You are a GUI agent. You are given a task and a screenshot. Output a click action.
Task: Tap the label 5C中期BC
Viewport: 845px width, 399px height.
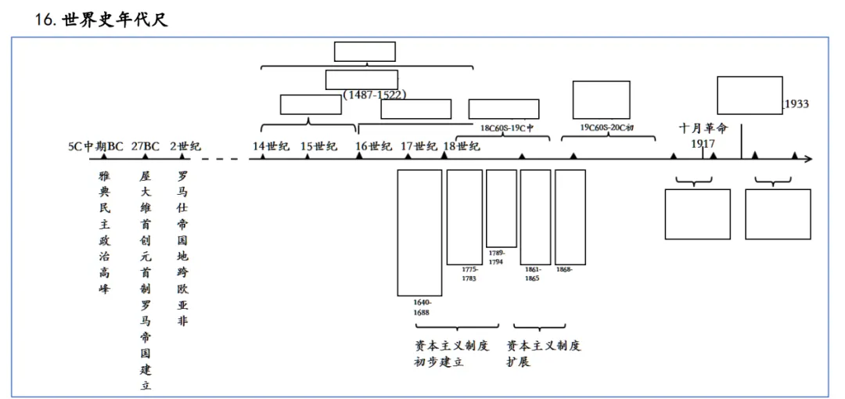(x=95, y=146)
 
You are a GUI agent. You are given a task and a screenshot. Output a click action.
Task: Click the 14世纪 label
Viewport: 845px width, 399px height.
(x=271, y=146)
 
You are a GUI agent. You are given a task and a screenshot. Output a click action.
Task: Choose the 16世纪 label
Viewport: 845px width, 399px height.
(x=374, y=146)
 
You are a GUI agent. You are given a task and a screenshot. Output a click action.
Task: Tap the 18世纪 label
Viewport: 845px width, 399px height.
(x=462, y=146)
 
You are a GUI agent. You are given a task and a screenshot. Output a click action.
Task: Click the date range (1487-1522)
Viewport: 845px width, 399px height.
(x=375, y=95)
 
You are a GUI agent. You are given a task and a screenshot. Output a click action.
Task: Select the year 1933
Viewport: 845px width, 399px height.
(x=796, y=104)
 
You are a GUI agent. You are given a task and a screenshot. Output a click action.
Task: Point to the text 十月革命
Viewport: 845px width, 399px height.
(x=703, y=128)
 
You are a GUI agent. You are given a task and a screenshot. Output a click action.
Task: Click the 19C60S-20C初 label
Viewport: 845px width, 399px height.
(x=607, y=127)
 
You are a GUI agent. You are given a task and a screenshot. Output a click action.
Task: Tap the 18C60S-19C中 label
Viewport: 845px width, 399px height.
(x=506, y=127)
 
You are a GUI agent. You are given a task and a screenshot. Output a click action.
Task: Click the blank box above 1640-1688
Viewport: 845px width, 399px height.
(x=419, y=232)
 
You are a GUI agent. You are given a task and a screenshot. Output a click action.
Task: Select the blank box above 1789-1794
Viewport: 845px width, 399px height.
(x=501, y=208)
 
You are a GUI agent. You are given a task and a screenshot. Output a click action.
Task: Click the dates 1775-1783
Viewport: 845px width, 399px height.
(x=469, y=273)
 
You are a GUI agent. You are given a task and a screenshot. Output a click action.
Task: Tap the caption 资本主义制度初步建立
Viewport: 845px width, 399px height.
(x=451, y=354)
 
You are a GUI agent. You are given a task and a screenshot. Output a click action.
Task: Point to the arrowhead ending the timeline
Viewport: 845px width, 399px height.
(x=809, y=160)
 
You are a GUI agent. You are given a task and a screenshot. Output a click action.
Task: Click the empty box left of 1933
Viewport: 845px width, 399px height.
(x=750, y=95)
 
